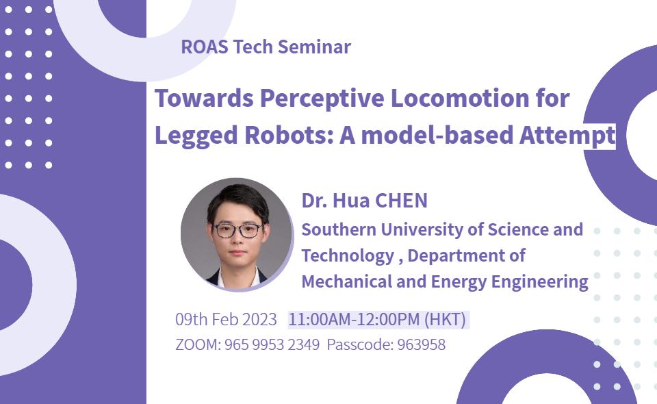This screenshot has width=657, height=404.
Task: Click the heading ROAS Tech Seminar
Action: tap(266, 47)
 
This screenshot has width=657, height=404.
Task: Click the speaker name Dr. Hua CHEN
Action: tap(364, 201)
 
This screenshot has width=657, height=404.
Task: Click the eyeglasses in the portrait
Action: tap(237, 230)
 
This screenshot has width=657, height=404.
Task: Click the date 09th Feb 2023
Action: tap(226, 319)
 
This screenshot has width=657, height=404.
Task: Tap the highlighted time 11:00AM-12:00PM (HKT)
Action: tap(377, 319)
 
